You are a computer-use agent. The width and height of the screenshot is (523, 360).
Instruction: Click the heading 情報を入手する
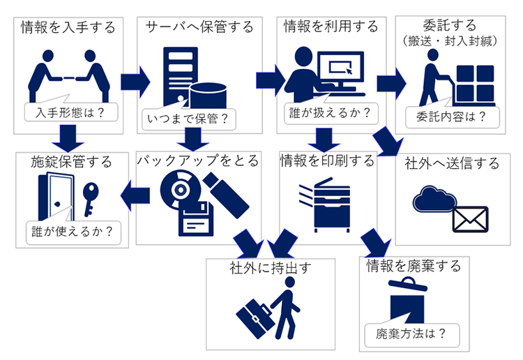(68, 27)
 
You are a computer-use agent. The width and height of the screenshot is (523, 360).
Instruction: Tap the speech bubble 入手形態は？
(70, 112)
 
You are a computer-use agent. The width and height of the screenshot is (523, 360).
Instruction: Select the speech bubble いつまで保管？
(188, 119)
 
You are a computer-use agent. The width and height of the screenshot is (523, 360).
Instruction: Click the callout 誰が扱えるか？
(331, 114)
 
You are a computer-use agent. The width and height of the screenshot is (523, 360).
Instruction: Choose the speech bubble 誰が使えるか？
(73, 232)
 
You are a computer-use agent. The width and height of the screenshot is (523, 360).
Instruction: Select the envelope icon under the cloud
(470, 219)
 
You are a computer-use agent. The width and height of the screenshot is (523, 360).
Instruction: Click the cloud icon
(434, 199)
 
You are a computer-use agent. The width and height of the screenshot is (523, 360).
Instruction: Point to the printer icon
(328, 205)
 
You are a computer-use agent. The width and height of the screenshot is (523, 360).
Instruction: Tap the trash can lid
(408, 285)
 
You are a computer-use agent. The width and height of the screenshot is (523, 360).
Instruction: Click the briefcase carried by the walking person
(255, 318)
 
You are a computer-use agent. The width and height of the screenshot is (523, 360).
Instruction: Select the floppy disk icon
(196, 219)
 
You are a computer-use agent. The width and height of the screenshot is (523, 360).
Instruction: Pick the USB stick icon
(226, 195)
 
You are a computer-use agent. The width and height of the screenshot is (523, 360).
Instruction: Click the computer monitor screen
(340, 68)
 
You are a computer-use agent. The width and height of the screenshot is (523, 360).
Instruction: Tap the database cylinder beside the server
(208, 96)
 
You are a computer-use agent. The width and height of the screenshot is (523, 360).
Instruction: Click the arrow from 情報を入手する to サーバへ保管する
(135, 82)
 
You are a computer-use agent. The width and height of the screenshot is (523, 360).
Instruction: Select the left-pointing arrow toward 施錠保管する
(135, 195)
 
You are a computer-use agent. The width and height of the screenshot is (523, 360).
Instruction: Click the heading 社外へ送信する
(452, 163)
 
